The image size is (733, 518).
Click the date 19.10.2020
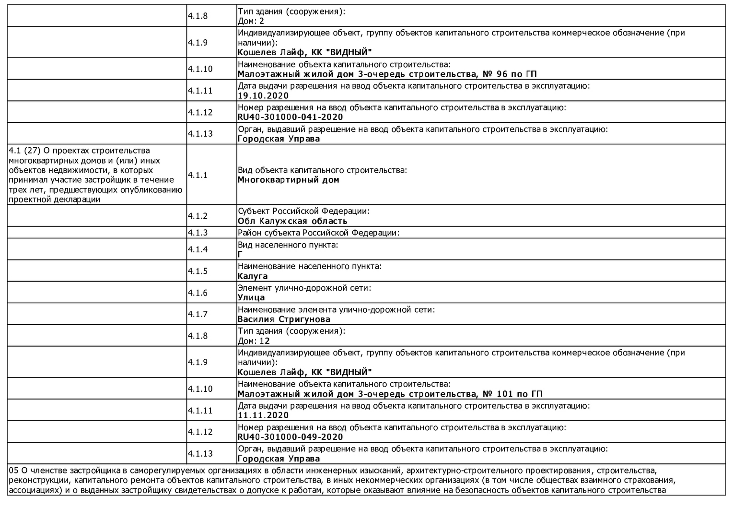[x=263, y=95]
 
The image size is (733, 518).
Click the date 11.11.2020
[x=263, y=415]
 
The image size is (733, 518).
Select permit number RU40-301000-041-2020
[x=290, y=117]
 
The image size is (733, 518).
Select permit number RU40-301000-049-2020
[x=290, y=437]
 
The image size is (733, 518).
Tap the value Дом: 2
[x=251, y=21]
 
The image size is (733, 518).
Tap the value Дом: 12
[x=254, y=341]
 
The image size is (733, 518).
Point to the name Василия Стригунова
[x=284, y=319]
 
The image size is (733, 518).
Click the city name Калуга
[x=253, y=276]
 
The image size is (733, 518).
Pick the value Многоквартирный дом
[x=288, y=180]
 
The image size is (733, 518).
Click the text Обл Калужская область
[x=292, y=221]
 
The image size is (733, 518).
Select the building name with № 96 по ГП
[x=387, y=74]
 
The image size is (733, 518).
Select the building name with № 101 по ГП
[x=390, y=394]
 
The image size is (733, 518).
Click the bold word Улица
[x=251, y=297]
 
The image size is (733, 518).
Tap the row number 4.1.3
[x=198, y=233]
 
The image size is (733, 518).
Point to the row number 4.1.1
[x=198, y=175]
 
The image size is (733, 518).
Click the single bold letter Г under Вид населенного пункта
[x=240, y=255]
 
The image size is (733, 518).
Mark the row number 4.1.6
[x=198, y=293]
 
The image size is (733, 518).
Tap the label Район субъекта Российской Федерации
[x=318, y=233]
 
